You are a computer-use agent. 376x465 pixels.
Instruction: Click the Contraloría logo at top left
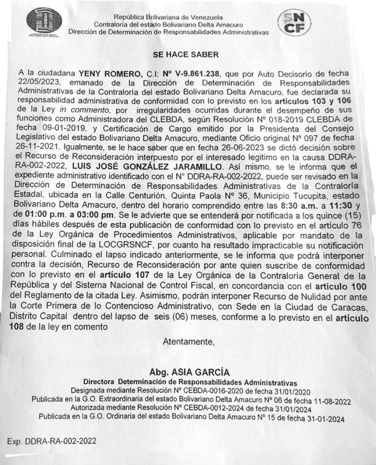(x=44, y=20)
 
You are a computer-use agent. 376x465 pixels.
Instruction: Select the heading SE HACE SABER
(x=186, y=54)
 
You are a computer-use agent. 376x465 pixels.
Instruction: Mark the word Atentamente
(x=188, y=341)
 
